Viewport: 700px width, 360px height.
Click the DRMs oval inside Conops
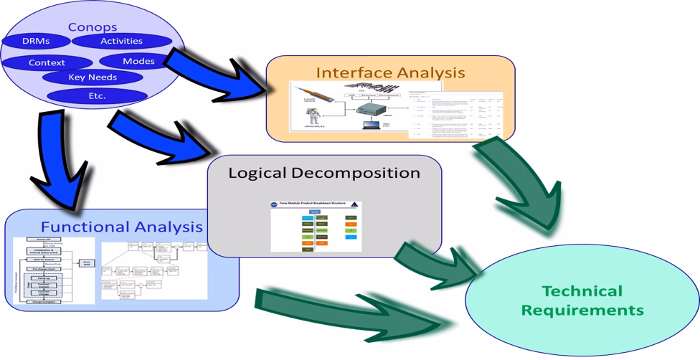pyautogui.click(x=36, y=42)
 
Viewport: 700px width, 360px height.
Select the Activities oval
pyautogui.click(x=121, y=42)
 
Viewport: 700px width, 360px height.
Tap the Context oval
pyautogui.click(x=47, y=62)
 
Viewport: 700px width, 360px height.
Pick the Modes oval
pyautogui.click(x=138, y=61)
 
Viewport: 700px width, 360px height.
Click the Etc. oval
pyautogui.click(x=97, y=95)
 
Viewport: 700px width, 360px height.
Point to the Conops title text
pyautogui.click(x=93, y=27)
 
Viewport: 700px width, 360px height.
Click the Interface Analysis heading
pyautogui.click(x=391, y=72)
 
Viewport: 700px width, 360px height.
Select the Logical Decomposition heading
pyautogui.click(x=324, y=173)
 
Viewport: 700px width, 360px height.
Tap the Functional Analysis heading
pyautogui.click(x=122, y=227)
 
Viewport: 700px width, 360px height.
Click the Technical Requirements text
pyautogui.click(x=582, y=300)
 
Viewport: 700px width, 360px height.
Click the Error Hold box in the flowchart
pyautogui.click(x=87, y=264)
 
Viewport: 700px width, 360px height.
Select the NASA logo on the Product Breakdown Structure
pyautogui.click(x=275, y=204)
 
